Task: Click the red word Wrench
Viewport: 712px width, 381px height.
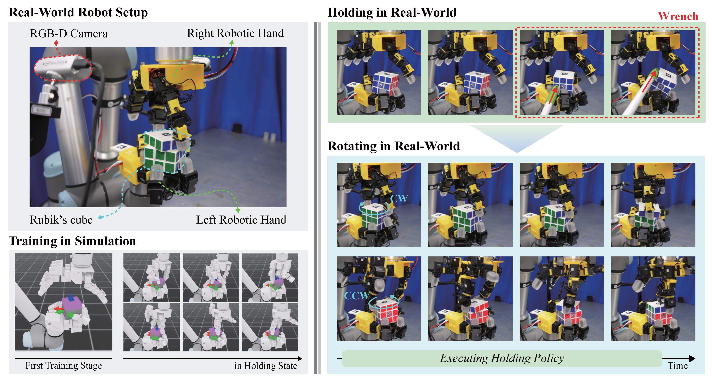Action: coord(678,16)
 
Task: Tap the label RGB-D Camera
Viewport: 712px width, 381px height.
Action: coord(69,33)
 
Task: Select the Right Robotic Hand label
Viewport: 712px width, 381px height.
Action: coord(235,33)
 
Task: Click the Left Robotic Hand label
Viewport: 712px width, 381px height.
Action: coord(241,220)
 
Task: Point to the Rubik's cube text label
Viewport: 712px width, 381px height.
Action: coord(61,220)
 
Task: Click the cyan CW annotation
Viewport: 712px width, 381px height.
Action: coord(399,198)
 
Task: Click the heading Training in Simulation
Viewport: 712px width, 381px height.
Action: coord(72,241)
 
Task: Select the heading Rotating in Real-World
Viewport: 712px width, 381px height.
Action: coord(394,146)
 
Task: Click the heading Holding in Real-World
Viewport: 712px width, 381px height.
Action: coord(392,12)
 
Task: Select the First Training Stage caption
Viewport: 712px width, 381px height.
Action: coord(64,365)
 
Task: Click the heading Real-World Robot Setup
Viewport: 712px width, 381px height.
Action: coord(78,12)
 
